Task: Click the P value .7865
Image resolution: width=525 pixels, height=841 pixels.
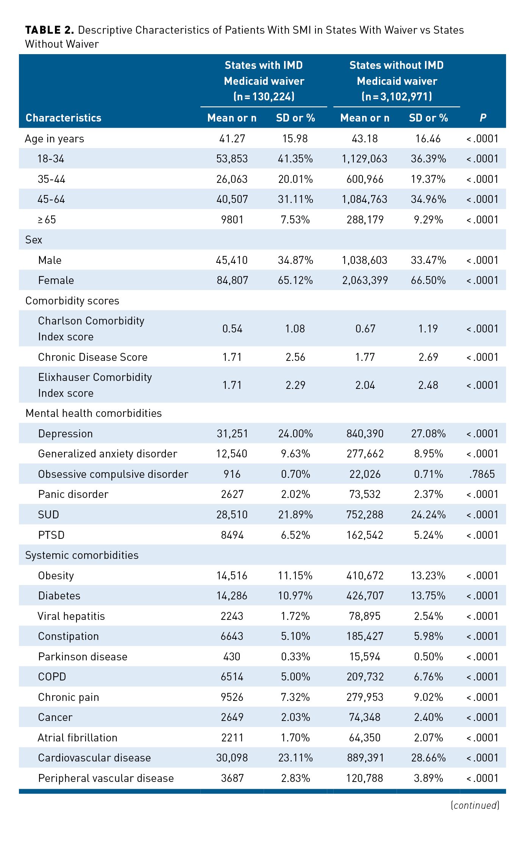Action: tap(482, 474)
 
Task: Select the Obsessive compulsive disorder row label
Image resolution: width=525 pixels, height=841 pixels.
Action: tap(113, 474)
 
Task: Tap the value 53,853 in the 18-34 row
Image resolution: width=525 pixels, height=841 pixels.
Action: tap(232, 159)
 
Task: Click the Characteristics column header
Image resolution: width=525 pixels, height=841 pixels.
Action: tap(63, 118)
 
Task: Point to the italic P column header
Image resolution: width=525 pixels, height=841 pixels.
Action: tap(482, 118)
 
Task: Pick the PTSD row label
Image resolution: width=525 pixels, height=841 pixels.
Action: tap(51, 535)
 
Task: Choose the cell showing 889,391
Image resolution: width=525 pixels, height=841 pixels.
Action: tap(365, 758)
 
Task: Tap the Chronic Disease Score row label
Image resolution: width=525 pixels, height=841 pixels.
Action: tap(92, 357)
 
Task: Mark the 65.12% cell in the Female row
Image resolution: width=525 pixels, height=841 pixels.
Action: tap(295, 280)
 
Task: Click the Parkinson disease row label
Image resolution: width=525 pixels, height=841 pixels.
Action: tap(83, 657)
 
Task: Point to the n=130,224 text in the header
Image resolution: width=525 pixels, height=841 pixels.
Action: tap(264, 97)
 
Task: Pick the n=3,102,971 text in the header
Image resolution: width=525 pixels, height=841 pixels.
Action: tap(397, 97)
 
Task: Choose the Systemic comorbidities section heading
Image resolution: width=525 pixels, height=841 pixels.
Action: tap(82, 555)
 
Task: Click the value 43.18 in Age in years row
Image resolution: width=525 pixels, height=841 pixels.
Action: tap(365, 139)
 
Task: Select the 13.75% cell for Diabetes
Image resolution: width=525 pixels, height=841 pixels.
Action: tap(428, 596)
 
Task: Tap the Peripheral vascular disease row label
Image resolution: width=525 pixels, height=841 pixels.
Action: tap(106, 778)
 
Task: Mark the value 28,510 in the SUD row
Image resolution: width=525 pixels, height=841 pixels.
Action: tap(232, 515)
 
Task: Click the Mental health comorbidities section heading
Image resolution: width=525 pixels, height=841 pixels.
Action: tap(94, 413)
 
